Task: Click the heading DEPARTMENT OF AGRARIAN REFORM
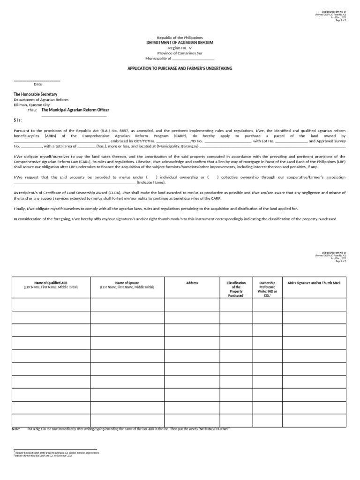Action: (x=180, y=42)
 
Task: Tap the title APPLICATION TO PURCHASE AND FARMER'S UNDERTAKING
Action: (x=180, y=68)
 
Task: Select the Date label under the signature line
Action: (x=38, y=84)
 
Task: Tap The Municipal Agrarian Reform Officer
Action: (x=75, y=110)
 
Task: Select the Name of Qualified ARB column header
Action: (x=51, y=285)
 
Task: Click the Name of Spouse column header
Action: (x=127, y=285)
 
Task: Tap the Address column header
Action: (x=192, y=283)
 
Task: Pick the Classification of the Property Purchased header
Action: (x=236, y=289)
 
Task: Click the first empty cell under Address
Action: (x=192, y=305)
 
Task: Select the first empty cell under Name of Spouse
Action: (x=127, y=305)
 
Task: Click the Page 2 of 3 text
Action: (x=341, y=261)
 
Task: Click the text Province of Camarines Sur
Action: (x=180, y=53)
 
